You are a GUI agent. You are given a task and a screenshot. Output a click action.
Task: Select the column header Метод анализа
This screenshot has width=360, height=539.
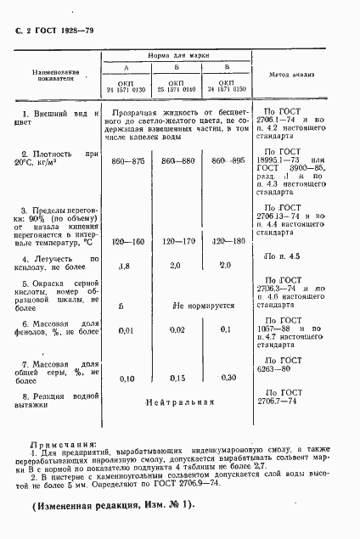tap(290, 76)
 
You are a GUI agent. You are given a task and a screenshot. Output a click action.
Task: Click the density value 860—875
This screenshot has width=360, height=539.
tap(128, 160)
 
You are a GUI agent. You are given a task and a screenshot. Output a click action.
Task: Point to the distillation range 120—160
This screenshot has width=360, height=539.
tap(129, 241)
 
